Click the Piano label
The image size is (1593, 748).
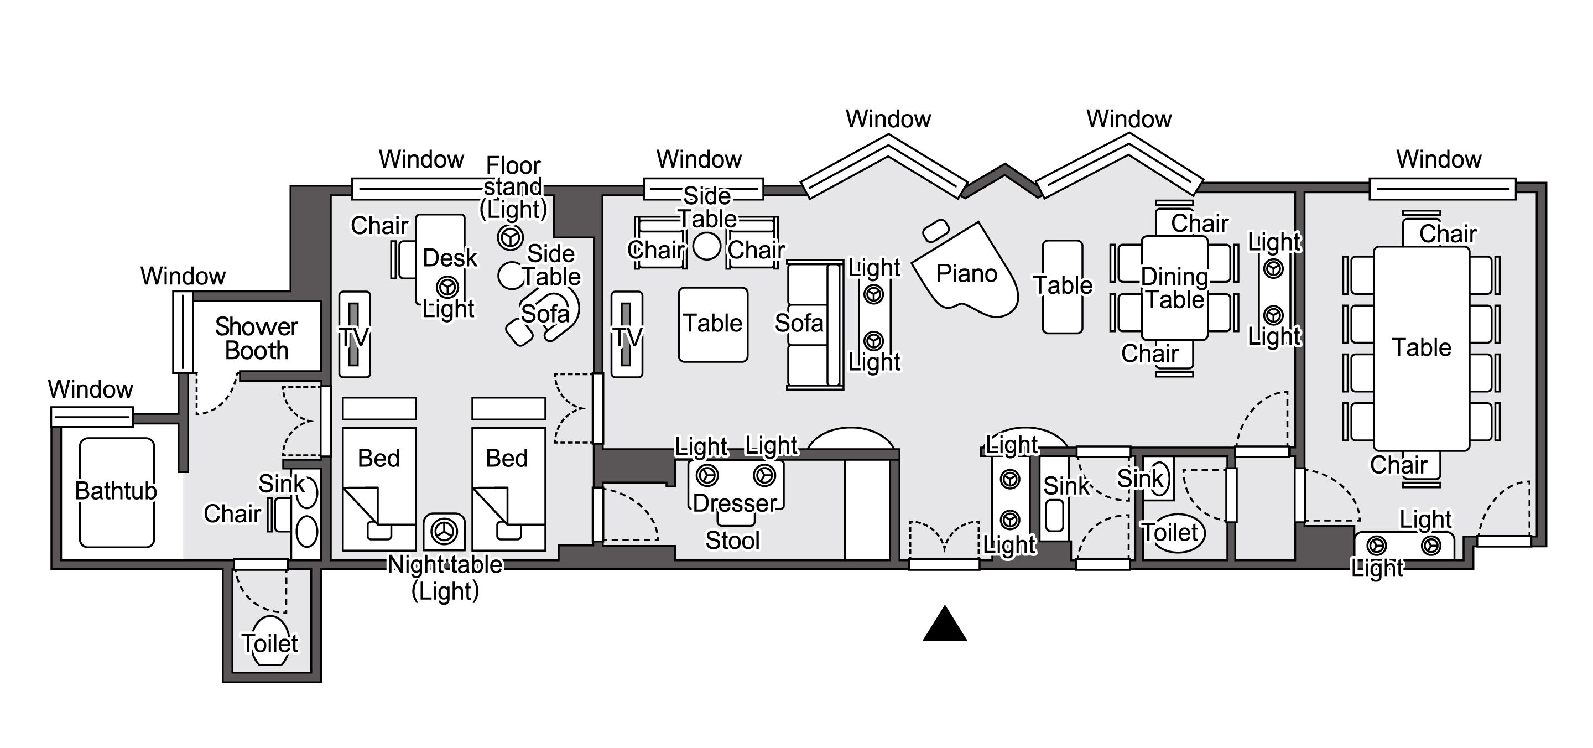pos(966,273)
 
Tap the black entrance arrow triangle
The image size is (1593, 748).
pos(944,625)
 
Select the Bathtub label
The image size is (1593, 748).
pos(116,491)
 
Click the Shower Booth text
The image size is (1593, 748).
pos(256,339)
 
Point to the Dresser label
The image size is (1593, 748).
pos(734,503)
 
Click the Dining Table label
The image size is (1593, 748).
pos(1174,288)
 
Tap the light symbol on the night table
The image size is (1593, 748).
pos(444,531)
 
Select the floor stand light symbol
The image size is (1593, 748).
pos(510,237)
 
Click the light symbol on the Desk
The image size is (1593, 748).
pos(447,287)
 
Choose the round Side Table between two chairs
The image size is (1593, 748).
pos(706,246)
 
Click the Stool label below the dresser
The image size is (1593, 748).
pos(732,541)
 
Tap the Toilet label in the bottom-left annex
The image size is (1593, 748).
pos(269,643)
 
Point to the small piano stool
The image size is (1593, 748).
pos(936,231)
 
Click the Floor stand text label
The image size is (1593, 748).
pos(513,176)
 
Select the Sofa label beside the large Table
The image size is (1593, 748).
pos(799,323)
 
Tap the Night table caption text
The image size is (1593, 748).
pos(445,565)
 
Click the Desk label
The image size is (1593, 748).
pos(450,258)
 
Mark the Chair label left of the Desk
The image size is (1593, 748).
pos(379,226)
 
